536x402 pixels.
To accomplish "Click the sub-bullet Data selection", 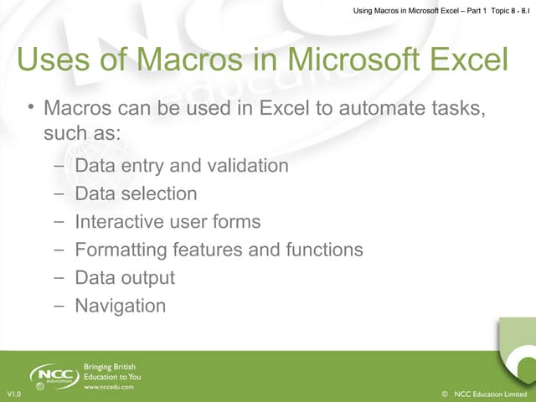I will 136,193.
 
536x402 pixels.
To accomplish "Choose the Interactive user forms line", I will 167,222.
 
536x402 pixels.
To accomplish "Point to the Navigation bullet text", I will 120,306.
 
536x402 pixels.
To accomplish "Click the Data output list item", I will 125,277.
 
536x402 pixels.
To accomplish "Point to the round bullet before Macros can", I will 29,108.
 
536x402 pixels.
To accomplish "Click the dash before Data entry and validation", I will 58,166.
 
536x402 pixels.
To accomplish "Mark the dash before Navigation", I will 58,307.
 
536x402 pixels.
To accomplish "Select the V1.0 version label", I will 13,394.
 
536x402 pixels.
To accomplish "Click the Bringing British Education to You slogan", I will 112,372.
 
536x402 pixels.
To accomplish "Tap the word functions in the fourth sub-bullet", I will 322,250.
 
